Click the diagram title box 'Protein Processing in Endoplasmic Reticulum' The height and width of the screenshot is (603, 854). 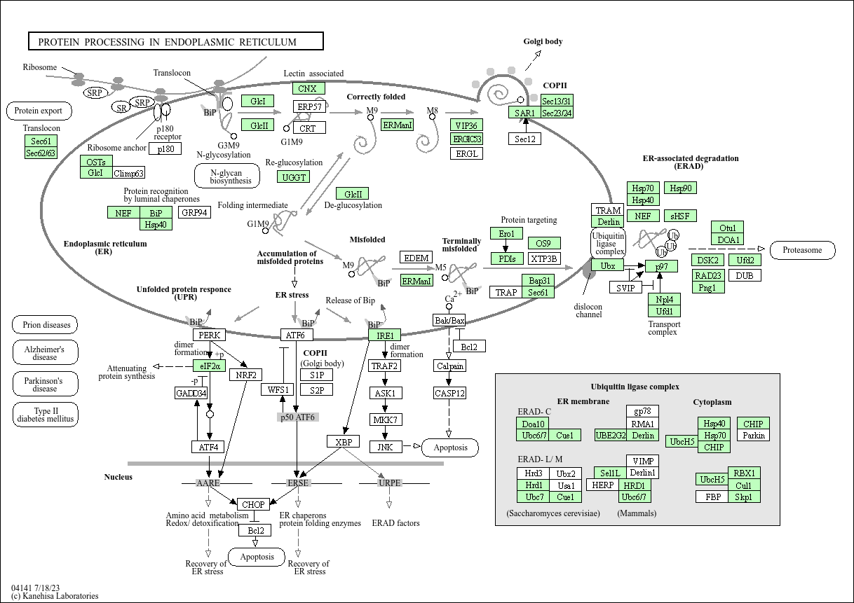[x=175, y=41]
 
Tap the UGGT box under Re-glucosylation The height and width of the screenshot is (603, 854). [x=294, y=177]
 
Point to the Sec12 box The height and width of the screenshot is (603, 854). [x=524, y=139]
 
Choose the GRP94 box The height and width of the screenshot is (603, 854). [x=194, y=212]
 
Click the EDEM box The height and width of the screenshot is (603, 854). [x=416, y=258]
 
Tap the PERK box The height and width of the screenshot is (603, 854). [x=210, y=335]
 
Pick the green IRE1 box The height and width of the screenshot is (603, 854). [x=385, y=335]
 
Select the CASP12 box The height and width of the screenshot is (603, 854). [x=449, y=393]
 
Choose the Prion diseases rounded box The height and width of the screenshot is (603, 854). [x=46, y=325]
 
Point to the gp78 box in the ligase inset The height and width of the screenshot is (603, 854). [x=642, y=411]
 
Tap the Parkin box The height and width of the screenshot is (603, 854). [x=753, y=436]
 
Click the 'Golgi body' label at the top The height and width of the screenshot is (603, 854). [x=543, y=41]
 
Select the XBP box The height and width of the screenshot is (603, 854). [x=343, y=442]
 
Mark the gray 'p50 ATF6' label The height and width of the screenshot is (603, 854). [x=297, y=417]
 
